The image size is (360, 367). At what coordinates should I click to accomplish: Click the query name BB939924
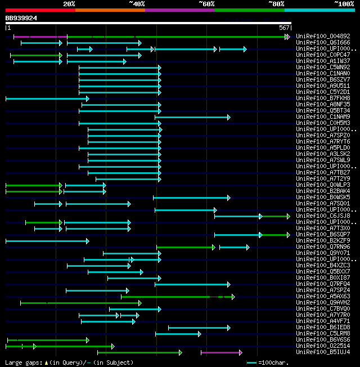(x=21, y=18)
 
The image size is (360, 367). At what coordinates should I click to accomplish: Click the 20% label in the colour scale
(x=69, y=4)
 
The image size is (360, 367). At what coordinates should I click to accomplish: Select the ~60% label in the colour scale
(x=206, y=4)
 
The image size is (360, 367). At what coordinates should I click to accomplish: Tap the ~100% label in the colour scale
(x=344, y=4)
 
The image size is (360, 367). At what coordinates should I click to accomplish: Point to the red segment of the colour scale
(x=40, y=10)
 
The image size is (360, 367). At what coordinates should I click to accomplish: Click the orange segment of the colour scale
(x=110, y=10)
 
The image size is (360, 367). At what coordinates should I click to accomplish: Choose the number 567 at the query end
(x=284, y=28)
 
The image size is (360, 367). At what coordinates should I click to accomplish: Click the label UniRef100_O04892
(x=323, y=37)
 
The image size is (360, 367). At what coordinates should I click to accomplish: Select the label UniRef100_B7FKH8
(x=323, y=99)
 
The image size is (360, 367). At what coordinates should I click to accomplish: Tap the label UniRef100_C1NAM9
(x=323, y=117)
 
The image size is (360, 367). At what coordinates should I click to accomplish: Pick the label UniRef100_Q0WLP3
(x=323, y=185)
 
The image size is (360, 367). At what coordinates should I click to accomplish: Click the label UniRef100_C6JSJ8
(x=323, y=216)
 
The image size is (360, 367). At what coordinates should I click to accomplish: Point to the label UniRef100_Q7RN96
(x=323, y=247)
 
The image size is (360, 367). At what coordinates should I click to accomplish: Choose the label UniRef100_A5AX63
(x=323, y=297)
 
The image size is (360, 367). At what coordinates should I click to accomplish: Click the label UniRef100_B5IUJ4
(x=323, y=352)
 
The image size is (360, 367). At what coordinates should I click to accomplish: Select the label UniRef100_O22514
(x=323, y=346)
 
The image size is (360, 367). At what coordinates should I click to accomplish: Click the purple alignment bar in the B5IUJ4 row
(x=220, y=352)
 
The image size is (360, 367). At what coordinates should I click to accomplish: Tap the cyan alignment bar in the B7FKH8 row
(x=46, y=99)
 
